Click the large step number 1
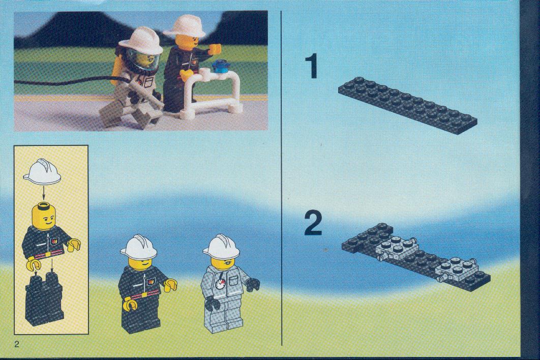point(313,67)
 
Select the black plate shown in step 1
point(407,105)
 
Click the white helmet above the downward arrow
point(42,171)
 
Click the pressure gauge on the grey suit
point(220,285)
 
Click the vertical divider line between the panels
point(282,178)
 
